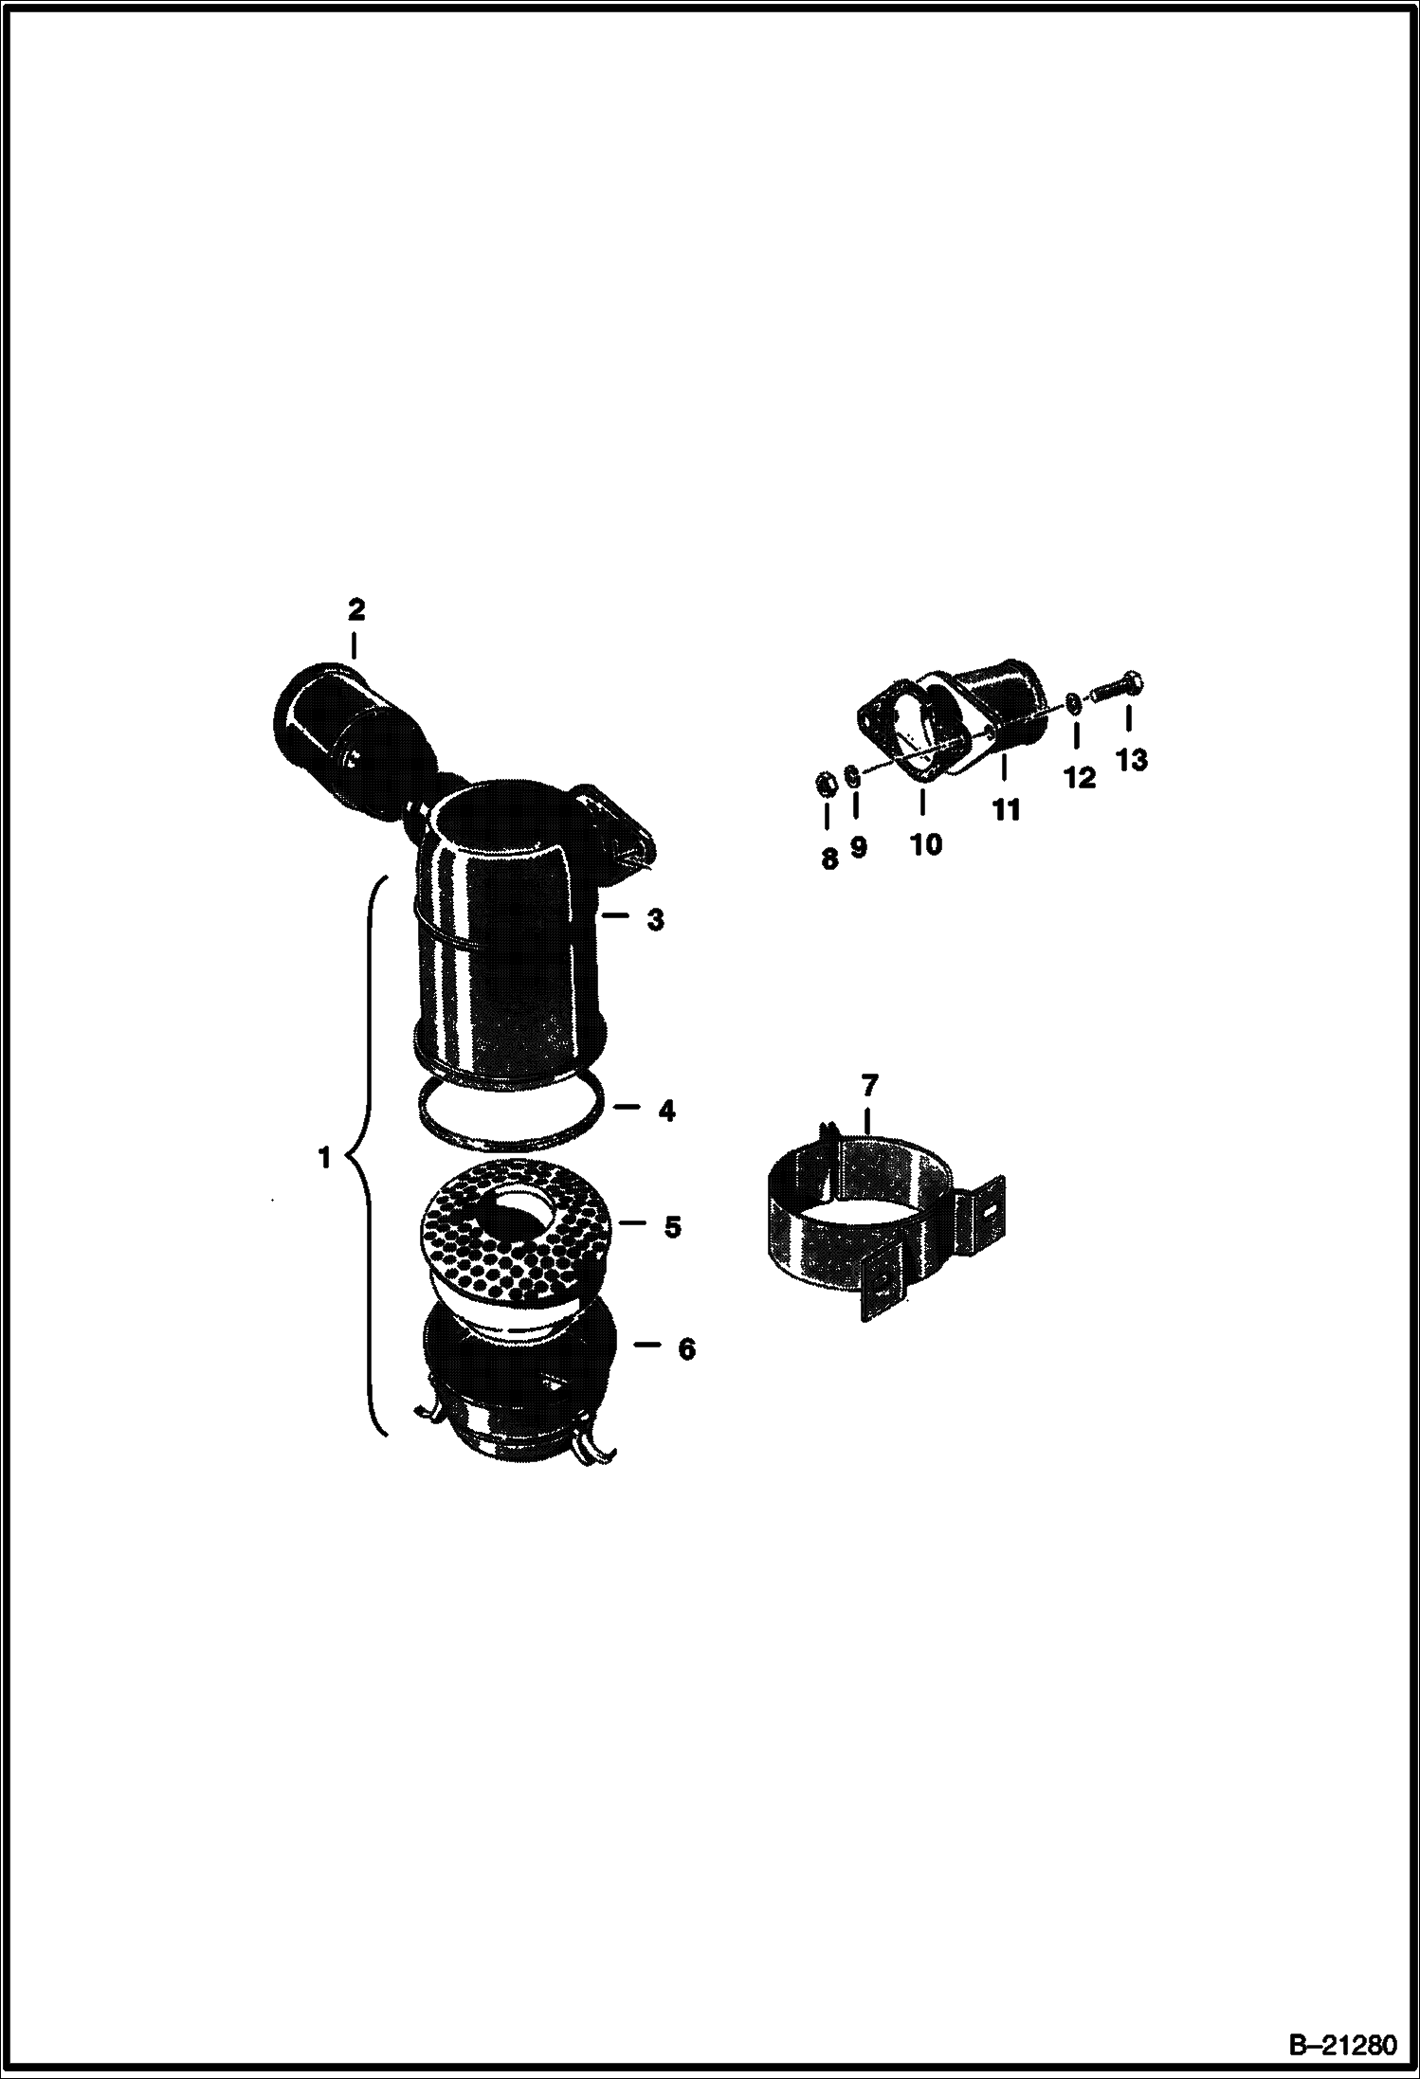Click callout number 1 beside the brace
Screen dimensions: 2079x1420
tap(325, 1157)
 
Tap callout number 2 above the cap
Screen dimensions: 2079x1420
tap(355, 609)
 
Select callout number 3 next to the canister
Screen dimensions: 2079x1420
tap(655, 919)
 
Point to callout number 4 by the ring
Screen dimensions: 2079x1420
tap(666, 1111)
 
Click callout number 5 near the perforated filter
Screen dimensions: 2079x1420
tap(671, 1227)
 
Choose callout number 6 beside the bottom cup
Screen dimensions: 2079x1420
tap(685, 1348)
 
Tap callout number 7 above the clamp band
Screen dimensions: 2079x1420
tap(869, 1083)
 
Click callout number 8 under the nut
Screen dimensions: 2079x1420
tap(829, 859)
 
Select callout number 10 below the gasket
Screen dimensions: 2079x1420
tap(926, 843)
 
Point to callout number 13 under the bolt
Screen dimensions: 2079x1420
tap(1132, 759)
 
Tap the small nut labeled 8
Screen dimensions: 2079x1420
tap(826, 784)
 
